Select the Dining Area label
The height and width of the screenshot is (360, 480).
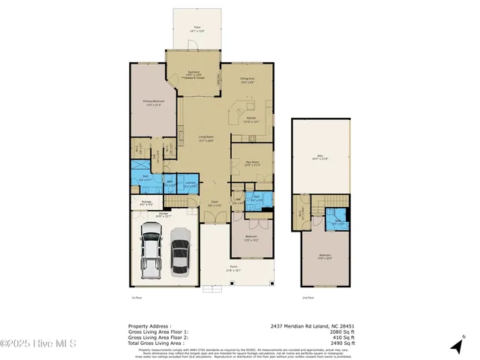248,78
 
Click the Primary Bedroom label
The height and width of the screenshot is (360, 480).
153,103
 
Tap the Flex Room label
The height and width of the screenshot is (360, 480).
250,163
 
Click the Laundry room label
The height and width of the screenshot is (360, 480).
190,184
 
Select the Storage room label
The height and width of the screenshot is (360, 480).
147,202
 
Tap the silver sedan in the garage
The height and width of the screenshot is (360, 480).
180,252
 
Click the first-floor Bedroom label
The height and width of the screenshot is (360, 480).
251,240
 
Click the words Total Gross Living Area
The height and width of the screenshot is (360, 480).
156,342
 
